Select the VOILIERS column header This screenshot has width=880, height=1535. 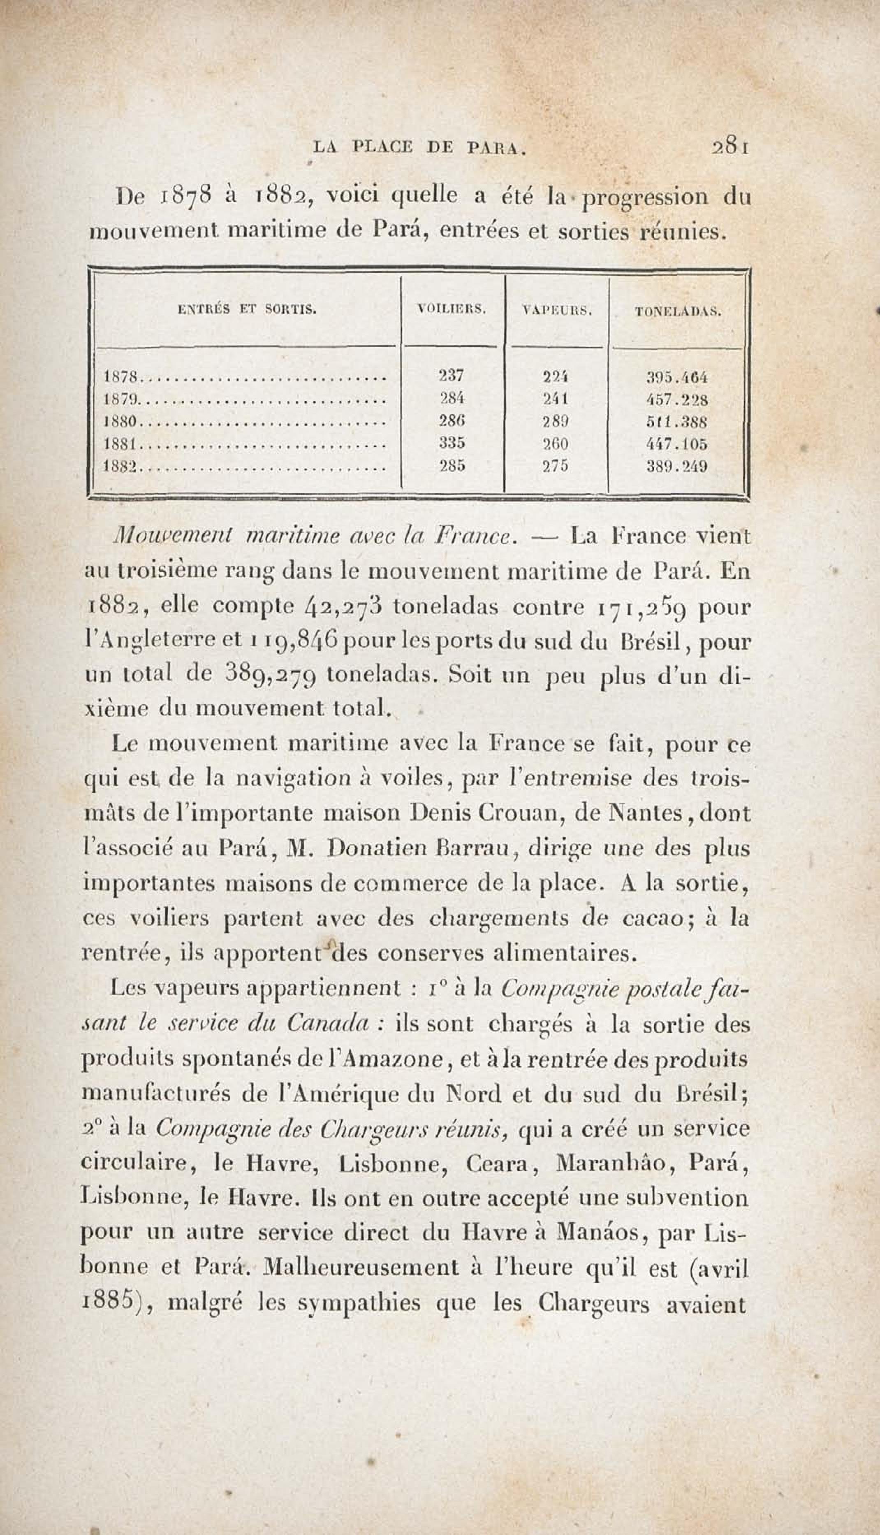452,309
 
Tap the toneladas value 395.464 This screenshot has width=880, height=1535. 677,377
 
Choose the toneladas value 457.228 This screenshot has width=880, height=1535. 677,399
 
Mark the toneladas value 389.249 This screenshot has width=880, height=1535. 677,466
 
